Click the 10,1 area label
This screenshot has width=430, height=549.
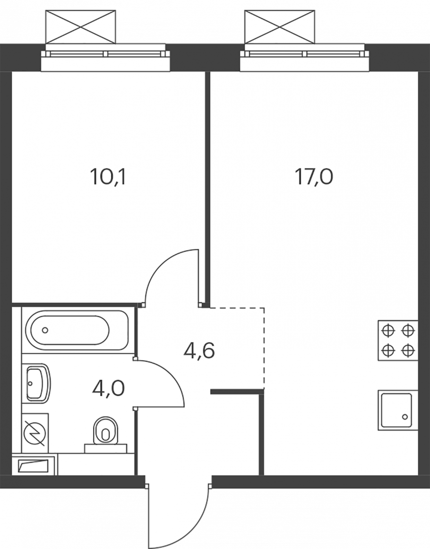[x=107, y=177]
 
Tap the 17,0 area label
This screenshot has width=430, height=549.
[x=313, y=177]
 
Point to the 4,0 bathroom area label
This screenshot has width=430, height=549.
[x=108, y=388]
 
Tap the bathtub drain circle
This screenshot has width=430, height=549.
[x=45, y=330]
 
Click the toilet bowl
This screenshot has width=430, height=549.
[x=105, y=431]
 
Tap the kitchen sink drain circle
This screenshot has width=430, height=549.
[x=405, y=417]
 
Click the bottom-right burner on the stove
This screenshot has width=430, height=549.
[x=408, y=349]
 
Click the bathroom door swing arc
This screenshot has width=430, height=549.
[x=171, y=375]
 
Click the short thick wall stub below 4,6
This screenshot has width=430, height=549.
[x=237, y=392]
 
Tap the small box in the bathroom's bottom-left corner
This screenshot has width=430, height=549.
[x=34, y=465]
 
